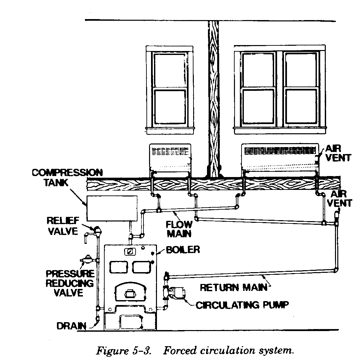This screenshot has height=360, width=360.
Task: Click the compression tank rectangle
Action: [112, 208]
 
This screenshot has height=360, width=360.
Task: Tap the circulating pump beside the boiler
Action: [176, 292]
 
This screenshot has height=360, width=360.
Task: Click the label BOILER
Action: [183, 249]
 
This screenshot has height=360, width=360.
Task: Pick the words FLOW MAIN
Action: [179, 229]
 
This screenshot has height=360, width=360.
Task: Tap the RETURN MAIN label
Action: [234, 287]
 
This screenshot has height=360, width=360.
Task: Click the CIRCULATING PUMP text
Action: [242, 305]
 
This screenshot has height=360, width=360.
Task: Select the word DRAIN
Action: [71, 326]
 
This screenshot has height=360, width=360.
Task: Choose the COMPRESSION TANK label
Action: [67, 177]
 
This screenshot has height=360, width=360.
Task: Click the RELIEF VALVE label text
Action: [63, 225]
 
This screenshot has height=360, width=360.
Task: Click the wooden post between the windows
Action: [214, 99]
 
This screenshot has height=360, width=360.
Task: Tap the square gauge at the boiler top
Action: [130, 251]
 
